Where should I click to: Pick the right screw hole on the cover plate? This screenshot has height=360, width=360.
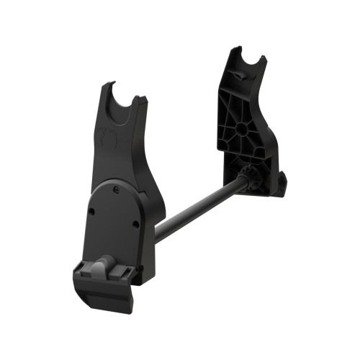[136, 224]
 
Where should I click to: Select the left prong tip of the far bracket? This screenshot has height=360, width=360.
[235, 51]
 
